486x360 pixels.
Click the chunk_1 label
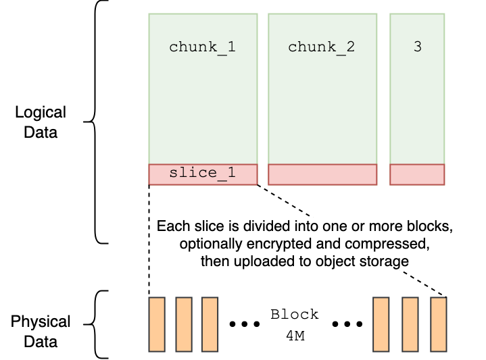(x=202, y=47)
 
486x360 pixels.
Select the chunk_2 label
(x=321, y=47)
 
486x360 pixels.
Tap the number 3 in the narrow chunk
(x=417, y=47)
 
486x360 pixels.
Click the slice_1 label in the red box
(x=202, y=173)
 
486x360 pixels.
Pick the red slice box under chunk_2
(x=322, y=174)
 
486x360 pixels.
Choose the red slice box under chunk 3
(x=417, y=174)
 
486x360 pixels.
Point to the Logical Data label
(x=41, y=122)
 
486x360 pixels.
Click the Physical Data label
(x=41, y=332)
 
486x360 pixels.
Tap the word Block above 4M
(x=294, y=315)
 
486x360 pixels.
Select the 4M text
(x=294, y=335)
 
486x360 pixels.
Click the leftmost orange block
(x=157, y=324)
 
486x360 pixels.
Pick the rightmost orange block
(x=439, y=324)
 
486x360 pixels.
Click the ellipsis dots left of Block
(x=245, y=324)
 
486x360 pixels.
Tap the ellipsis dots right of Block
(x=347, y=324)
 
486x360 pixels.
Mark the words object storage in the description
(x=367, y=261)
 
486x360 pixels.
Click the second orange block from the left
(x=184, y=324)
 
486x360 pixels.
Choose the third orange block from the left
(x=210, y=324)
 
